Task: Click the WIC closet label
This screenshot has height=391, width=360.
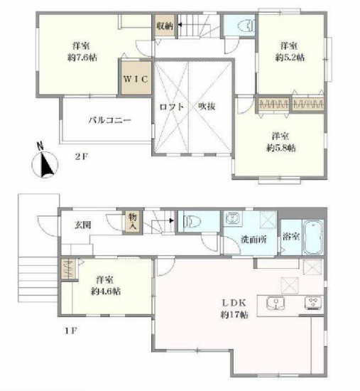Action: click(136, 80)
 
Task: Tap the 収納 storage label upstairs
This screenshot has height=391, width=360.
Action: click(165, 26)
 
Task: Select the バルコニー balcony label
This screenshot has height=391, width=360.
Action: click(110, 120)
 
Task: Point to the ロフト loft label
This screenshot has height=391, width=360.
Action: click(172, 107)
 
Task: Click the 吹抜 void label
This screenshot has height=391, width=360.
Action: click(207, 107)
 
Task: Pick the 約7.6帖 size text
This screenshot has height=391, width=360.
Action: click(82, 58)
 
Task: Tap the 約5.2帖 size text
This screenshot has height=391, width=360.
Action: click(290, 58)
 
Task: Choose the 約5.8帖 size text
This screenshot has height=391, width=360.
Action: click(281, 148)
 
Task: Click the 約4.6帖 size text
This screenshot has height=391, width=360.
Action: click(106, 291)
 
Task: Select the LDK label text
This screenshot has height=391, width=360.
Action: click(234, 303)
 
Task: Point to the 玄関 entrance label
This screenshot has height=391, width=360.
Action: click(83, 225)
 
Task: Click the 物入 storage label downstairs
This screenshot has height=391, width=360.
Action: click(133, 221)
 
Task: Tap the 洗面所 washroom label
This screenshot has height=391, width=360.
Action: click(253, 240)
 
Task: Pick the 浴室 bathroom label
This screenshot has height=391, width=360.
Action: click(291, 236)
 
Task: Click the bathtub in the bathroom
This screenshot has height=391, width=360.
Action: click(313, 237)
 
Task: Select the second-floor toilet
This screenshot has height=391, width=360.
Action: click(246, 26)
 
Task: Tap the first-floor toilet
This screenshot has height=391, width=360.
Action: click(192, 221)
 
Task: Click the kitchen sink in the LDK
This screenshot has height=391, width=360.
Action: click(276, 304)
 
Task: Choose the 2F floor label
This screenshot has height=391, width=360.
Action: click(82, 156)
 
